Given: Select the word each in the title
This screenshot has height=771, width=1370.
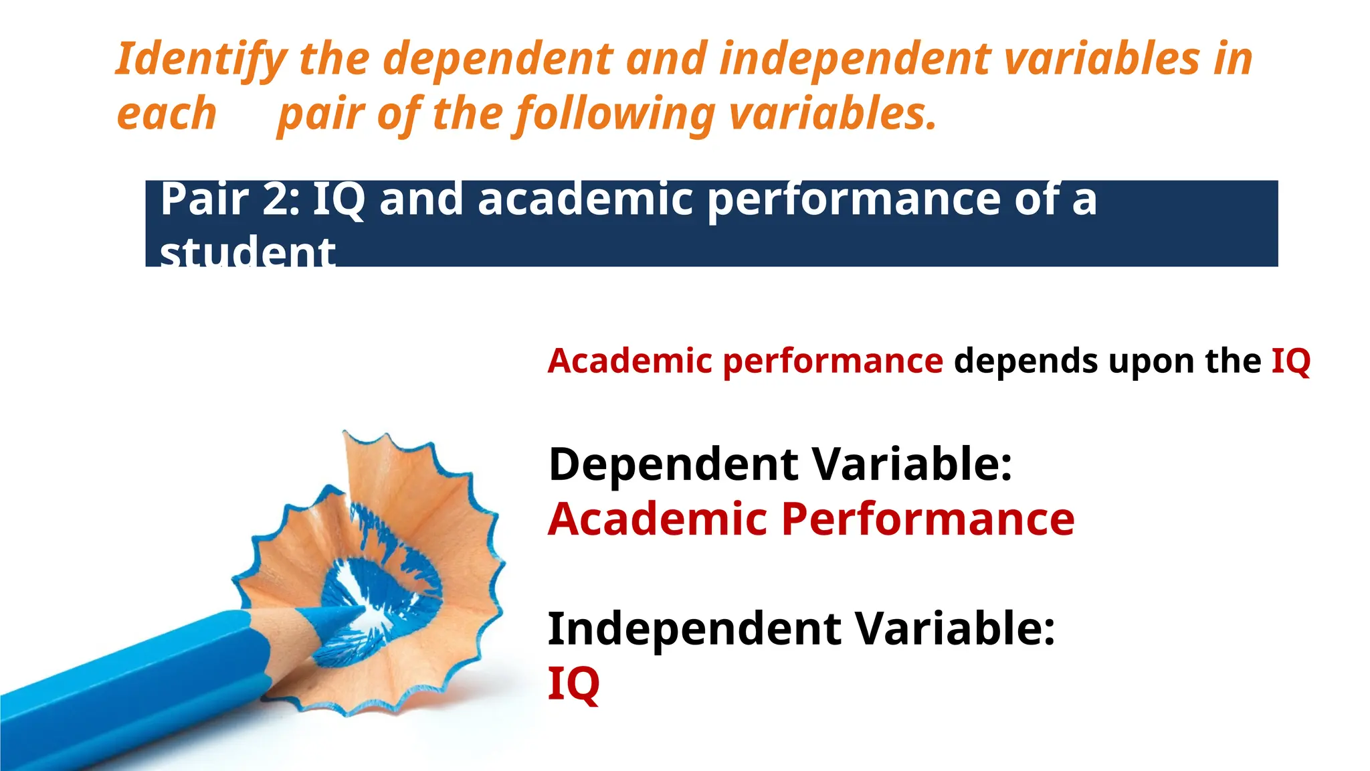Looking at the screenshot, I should point(167,114).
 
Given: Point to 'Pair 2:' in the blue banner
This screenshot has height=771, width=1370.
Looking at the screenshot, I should point(230,199).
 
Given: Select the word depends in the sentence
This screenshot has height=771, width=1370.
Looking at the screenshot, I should point(1025,361).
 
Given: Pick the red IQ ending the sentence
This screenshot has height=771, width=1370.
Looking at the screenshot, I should point(1290,361).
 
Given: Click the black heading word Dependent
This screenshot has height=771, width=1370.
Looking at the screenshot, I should point(673,464).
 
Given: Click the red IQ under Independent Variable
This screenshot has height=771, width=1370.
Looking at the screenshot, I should point(573,684).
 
